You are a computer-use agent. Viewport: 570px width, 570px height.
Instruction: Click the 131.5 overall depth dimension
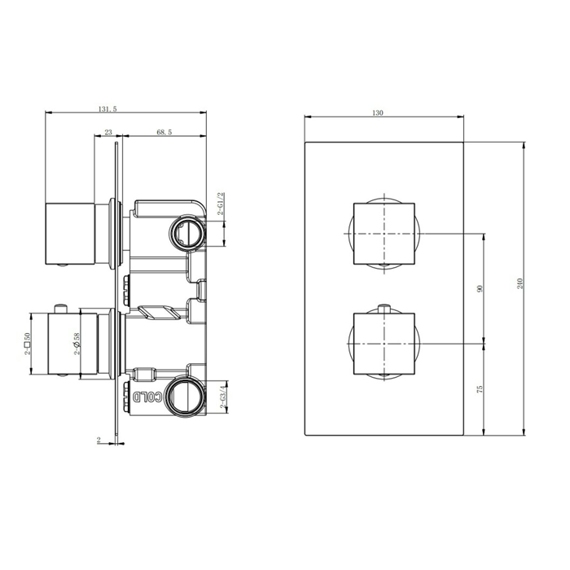tap(107, 109)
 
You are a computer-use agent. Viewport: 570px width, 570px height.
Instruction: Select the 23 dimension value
tap(108, 132)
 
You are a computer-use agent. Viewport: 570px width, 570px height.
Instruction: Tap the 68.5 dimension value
tap(164, 132)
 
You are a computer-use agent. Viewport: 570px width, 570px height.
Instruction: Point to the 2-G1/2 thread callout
tap(221, 204)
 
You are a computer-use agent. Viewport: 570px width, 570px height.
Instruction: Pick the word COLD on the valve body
tap(147, 397)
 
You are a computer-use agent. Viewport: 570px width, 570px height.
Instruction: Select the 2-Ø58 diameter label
tap(77, 344)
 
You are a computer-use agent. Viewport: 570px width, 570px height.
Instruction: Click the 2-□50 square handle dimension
tap(27, 344)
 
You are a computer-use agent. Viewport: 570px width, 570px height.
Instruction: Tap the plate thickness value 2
tap(99, 440)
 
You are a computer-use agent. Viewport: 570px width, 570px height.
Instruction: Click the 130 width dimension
tap(378, 113)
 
